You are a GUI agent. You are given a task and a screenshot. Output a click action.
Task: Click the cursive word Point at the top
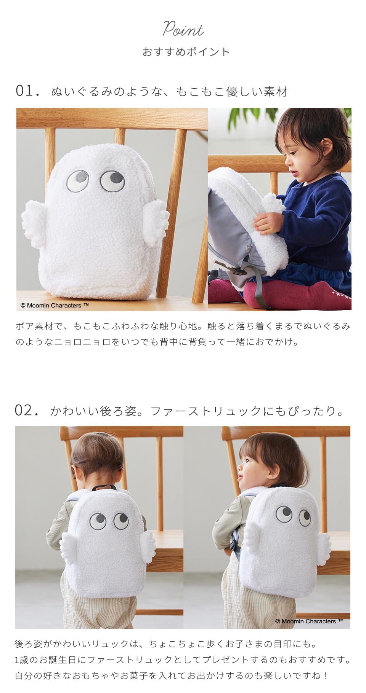[x=183, y=29]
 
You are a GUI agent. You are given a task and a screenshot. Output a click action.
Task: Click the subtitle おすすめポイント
[x=186, y=52]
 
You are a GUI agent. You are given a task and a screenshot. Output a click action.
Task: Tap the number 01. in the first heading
[x=28, y=91]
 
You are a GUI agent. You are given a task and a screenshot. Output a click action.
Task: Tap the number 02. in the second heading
[x=27, y=410]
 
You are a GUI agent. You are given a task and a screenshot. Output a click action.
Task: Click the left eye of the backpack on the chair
[x=78, y=180]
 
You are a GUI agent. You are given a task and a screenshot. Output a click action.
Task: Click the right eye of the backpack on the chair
[x=113, y=180]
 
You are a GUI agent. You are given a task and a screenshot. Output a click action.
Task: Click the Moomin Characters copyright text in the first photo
[x=55, y=305]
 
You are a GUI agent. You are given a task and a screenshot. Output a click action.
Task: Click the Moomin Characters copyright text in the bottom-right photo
[x=309, y=621]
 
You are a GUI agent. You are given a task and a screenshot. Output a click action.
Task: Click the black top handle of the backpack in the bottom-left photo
[x=104, y=488]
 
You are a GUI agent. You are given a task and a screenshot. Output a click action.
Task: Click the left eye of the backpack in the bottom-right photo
[x=284, y=514]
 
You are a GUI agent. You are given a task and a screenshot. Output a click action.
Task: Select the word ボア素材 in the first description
[x=33, y=326]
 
